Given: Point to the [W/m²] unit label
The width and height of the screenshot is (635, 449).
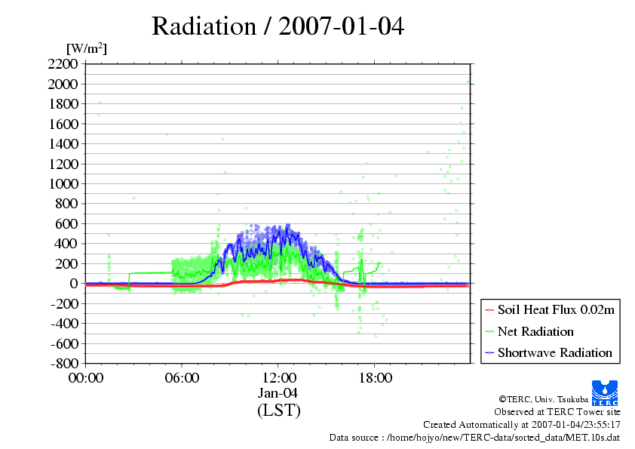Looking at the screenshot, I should pos(87,49).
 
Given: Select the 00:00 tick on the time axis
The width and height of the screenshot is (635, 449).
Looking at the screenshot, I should pos(86,377).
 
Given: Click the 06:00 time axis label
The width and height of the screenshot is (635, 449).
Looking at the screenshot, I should pos(182,377).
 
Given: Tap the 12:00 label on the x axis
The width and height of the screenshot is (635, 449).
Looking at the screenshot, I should pos(278,377).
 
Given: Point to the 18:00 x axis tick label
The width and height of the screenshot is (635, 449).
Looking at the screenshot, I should pos(375,377).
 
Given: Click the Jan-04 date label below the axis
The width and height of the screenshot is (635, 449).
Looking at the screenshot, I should pos(278,393).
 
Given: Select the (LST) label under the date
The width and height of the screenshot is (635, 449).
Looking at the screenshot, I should pos(278,411).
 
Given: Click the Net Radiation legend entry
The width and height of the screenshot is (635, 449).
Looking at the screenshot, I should pos(535,331).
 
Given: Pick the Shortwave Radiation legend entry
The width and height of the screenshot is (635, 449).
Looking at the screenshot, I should pos(554,352).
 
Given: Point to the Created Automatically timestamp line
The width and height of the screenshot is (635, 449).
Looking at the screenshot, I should pos(521,424).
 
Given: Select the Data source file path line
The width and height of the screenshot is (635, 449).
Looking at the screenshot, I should pos(474,437).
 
